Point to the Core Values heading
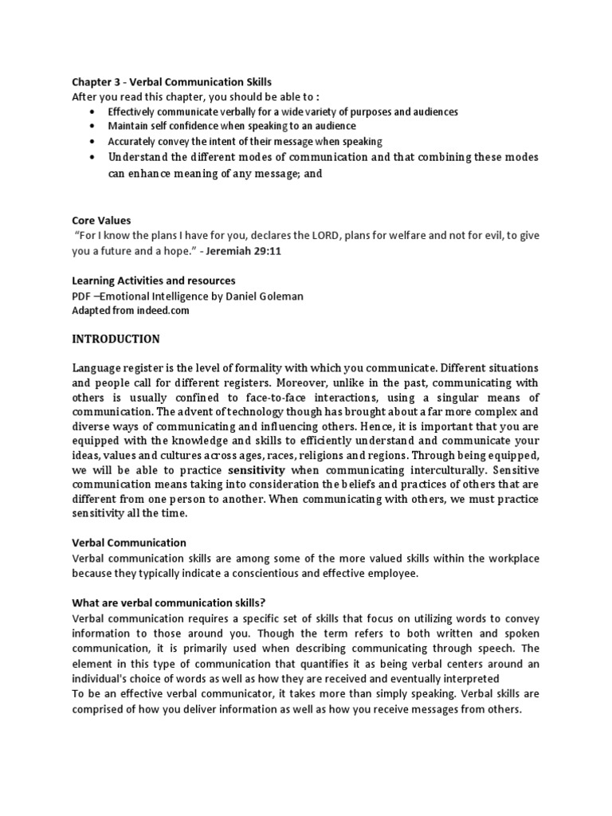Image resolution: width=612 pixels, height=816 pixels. [x=101, y=220]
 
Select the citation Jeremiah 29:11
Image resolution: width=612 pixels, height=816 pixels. [x=251, y=250]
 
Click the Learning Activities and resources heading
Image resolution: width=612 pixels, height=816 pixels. [x=154, y=280]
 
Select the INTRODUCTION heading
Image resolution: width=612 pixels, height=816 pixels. [x=116, y=339]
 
